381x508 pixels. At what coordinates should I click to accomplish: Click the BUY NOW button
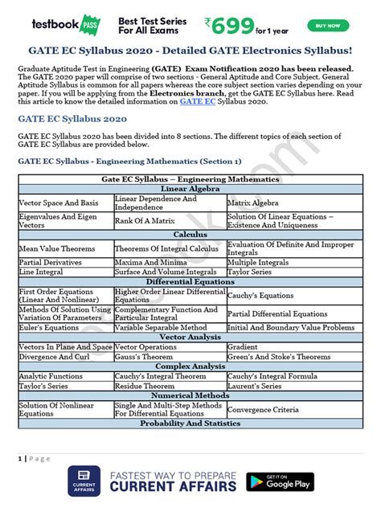328,25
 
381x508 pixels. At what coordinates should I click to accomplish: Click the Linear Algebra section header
190,189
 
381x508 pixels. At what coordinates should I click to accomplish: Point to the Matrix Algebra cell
252,203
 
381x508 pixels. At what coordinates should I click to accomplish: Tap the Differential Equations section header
190,282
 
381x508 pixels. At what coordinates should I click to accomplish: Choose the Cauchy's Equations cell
260,296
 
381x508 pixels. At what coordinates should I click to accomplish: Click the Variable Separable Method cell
161,327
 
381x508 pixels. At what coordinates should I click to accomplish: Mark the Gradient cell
243,346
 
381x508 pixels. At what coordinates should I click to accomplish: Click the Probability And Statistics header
190,423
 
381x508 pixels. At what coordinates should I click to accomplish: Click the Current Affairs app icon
84,481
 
